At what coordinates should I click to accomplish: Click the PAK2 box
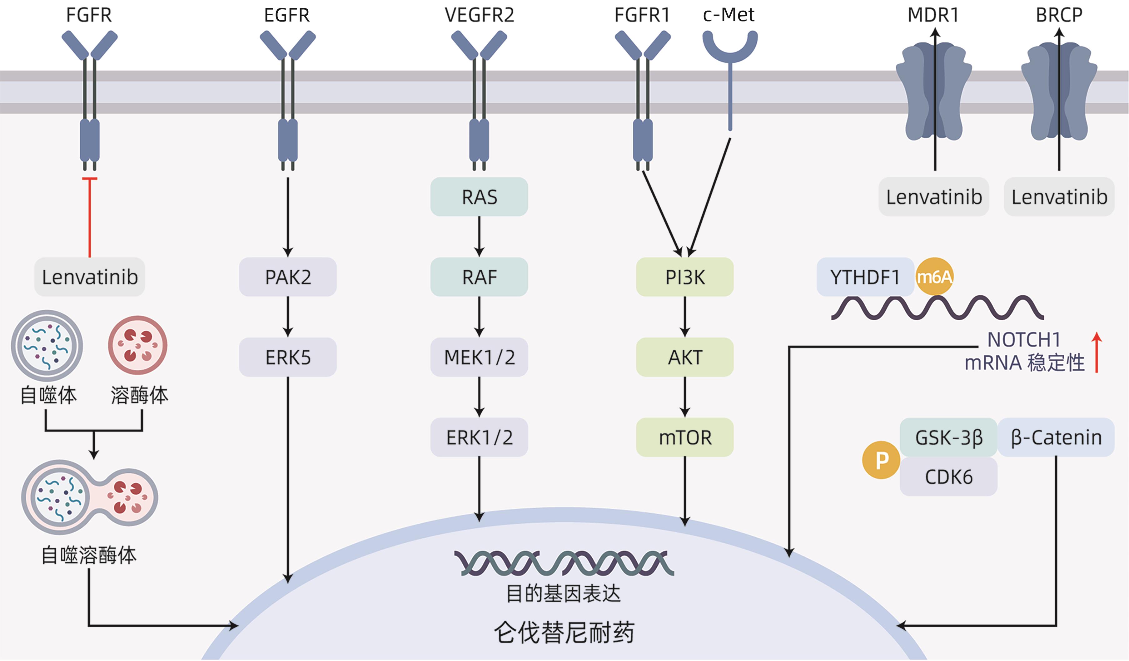pyautogui.click(x=288, y=277)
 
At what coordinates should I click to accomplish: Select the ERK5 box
pyautogui.click(x=288, y=357)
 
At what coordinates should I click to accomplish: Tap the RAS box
pyautogui.click(x=479, y=197)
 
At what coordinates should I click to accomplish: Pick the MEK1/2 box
pyautogui.click(x=479, y=357)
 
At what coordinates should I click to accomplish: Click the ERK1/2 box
pyautogui.click(x=479, y=437)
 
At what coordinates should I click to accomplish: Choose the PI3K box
pyautogui.click(x=684, y=277)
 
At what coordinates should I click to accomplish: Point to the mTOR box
pyautogui.click(x=684, y=437)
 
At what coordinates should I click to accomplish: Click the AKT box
pyautogui.click(x=684, y=357)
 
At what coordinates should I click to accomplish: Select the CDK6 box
pyautogui.click(x=948, y=476)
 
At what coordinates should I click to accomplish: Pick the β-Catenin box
pyautogui.click(x=1056, y=437)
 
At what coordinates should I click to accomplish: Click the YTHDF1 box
pyautogui.click(x=865, y=277)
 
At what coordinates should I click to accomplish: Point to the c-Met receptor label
pyautogui.click(x=729, y=15)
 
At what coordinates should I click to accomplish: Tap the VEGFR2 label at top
pyautogui.click(x=479, y=15)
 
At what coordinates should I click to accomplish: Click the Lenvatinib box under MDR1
pyautogui.click(x=934, y=197)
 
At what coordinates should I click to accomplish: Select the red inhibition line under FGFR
pyautogui.click(x=90, y=217)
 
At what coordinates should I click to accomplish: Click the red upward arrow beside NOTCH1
pyautogui.click(x=1097, y=353)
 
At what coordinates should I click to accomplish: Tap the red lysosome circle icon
pyautogui.click(x=137, y=345)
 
